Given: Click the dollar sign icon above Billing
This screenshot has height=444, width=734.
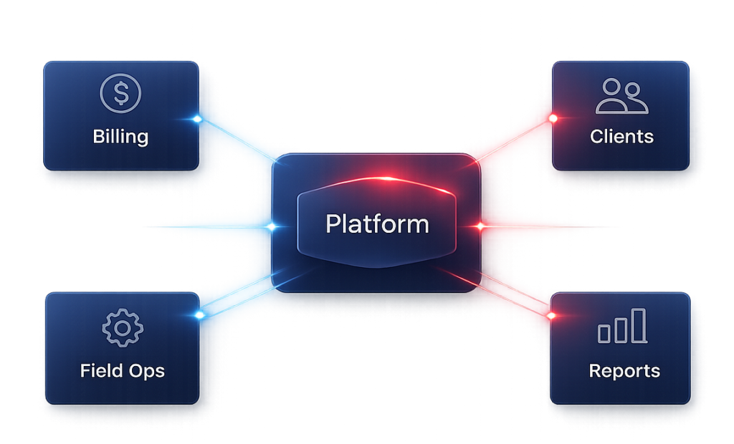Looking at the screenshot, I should pyautogui.click(x=121, y=94).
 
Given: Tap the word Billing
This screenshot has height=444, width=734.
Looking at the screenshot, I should pyautogui.click(x=120, y=136).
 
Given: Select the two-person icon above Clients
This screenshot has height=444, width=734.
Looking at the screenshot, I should pyautogui.click(x=621, y=97).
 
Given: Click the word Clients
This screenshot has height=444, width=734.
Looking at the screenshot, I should pyautogui.click(x=621, y=136).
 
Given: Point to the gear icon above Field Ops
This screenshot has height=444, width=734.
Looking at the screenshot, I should pyautogui.click(x=123, y=328).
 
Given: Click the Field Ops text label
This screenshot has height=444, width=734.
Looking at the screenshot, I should pyautogui.click(x=123, y=371).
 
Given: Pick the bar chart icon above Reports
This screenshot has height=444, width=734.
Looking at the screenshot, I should pyautogui.click(x=622, y=327).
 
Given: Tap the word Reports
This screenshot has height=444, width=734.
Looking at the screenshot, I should pyautogui.click(x=624, y=371).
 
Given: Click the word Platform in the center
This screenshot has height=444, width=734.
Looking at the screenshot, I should pyautogui.click(x=377, y=224).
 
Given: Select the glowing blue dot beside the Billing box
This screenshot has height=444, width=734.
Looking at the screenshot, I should pyautogui.click(x=197, y=119).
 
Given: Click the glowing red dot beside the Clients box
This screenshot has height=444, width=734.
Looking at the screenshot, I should pyautogui.click(x=553, y=118).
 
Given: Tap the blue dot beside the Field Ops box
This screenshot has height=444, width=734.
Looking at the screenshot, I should pyautogui.click(x=199, y=314).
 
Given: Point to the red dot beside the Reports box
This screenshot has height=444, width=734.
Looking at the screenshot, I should pyautogui.click(x=553, y=315).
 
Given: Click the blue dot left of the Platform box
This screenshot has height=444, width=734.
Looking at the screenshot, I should pyautogui.click(x=272, y=227).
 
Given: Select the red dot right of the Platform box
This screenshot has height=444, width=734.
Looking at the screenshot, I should pyautogui.click(x=480, y=226).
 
